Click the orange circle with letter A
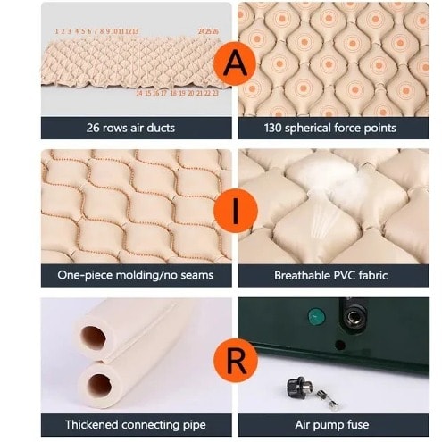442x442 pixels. pos(235,63)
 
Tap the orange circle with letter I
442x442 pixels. pos(236,210)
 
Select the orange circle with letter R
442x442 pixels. pos(236,360)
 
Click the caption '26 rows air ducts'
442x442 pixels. pos(130,128)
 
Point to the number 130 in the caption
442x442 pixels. pos(272,128)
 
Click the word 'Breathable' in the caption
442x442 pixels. pos(302,275)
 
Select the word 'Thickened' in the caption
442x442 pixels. pos(92,424)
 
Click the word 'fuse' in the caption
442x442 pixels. pos(358,424)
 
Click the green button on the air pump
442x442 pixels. pos(316,317)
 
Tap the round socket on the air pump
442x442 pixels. pos(353,317)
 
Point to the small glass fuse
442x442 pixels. pos(328,399)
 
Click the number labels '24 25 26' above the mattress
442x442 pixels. pos(208,31)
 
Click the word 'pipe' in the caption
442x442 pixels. pos(195,425)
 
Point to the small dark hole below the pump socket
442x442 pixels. pos(340,345)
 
